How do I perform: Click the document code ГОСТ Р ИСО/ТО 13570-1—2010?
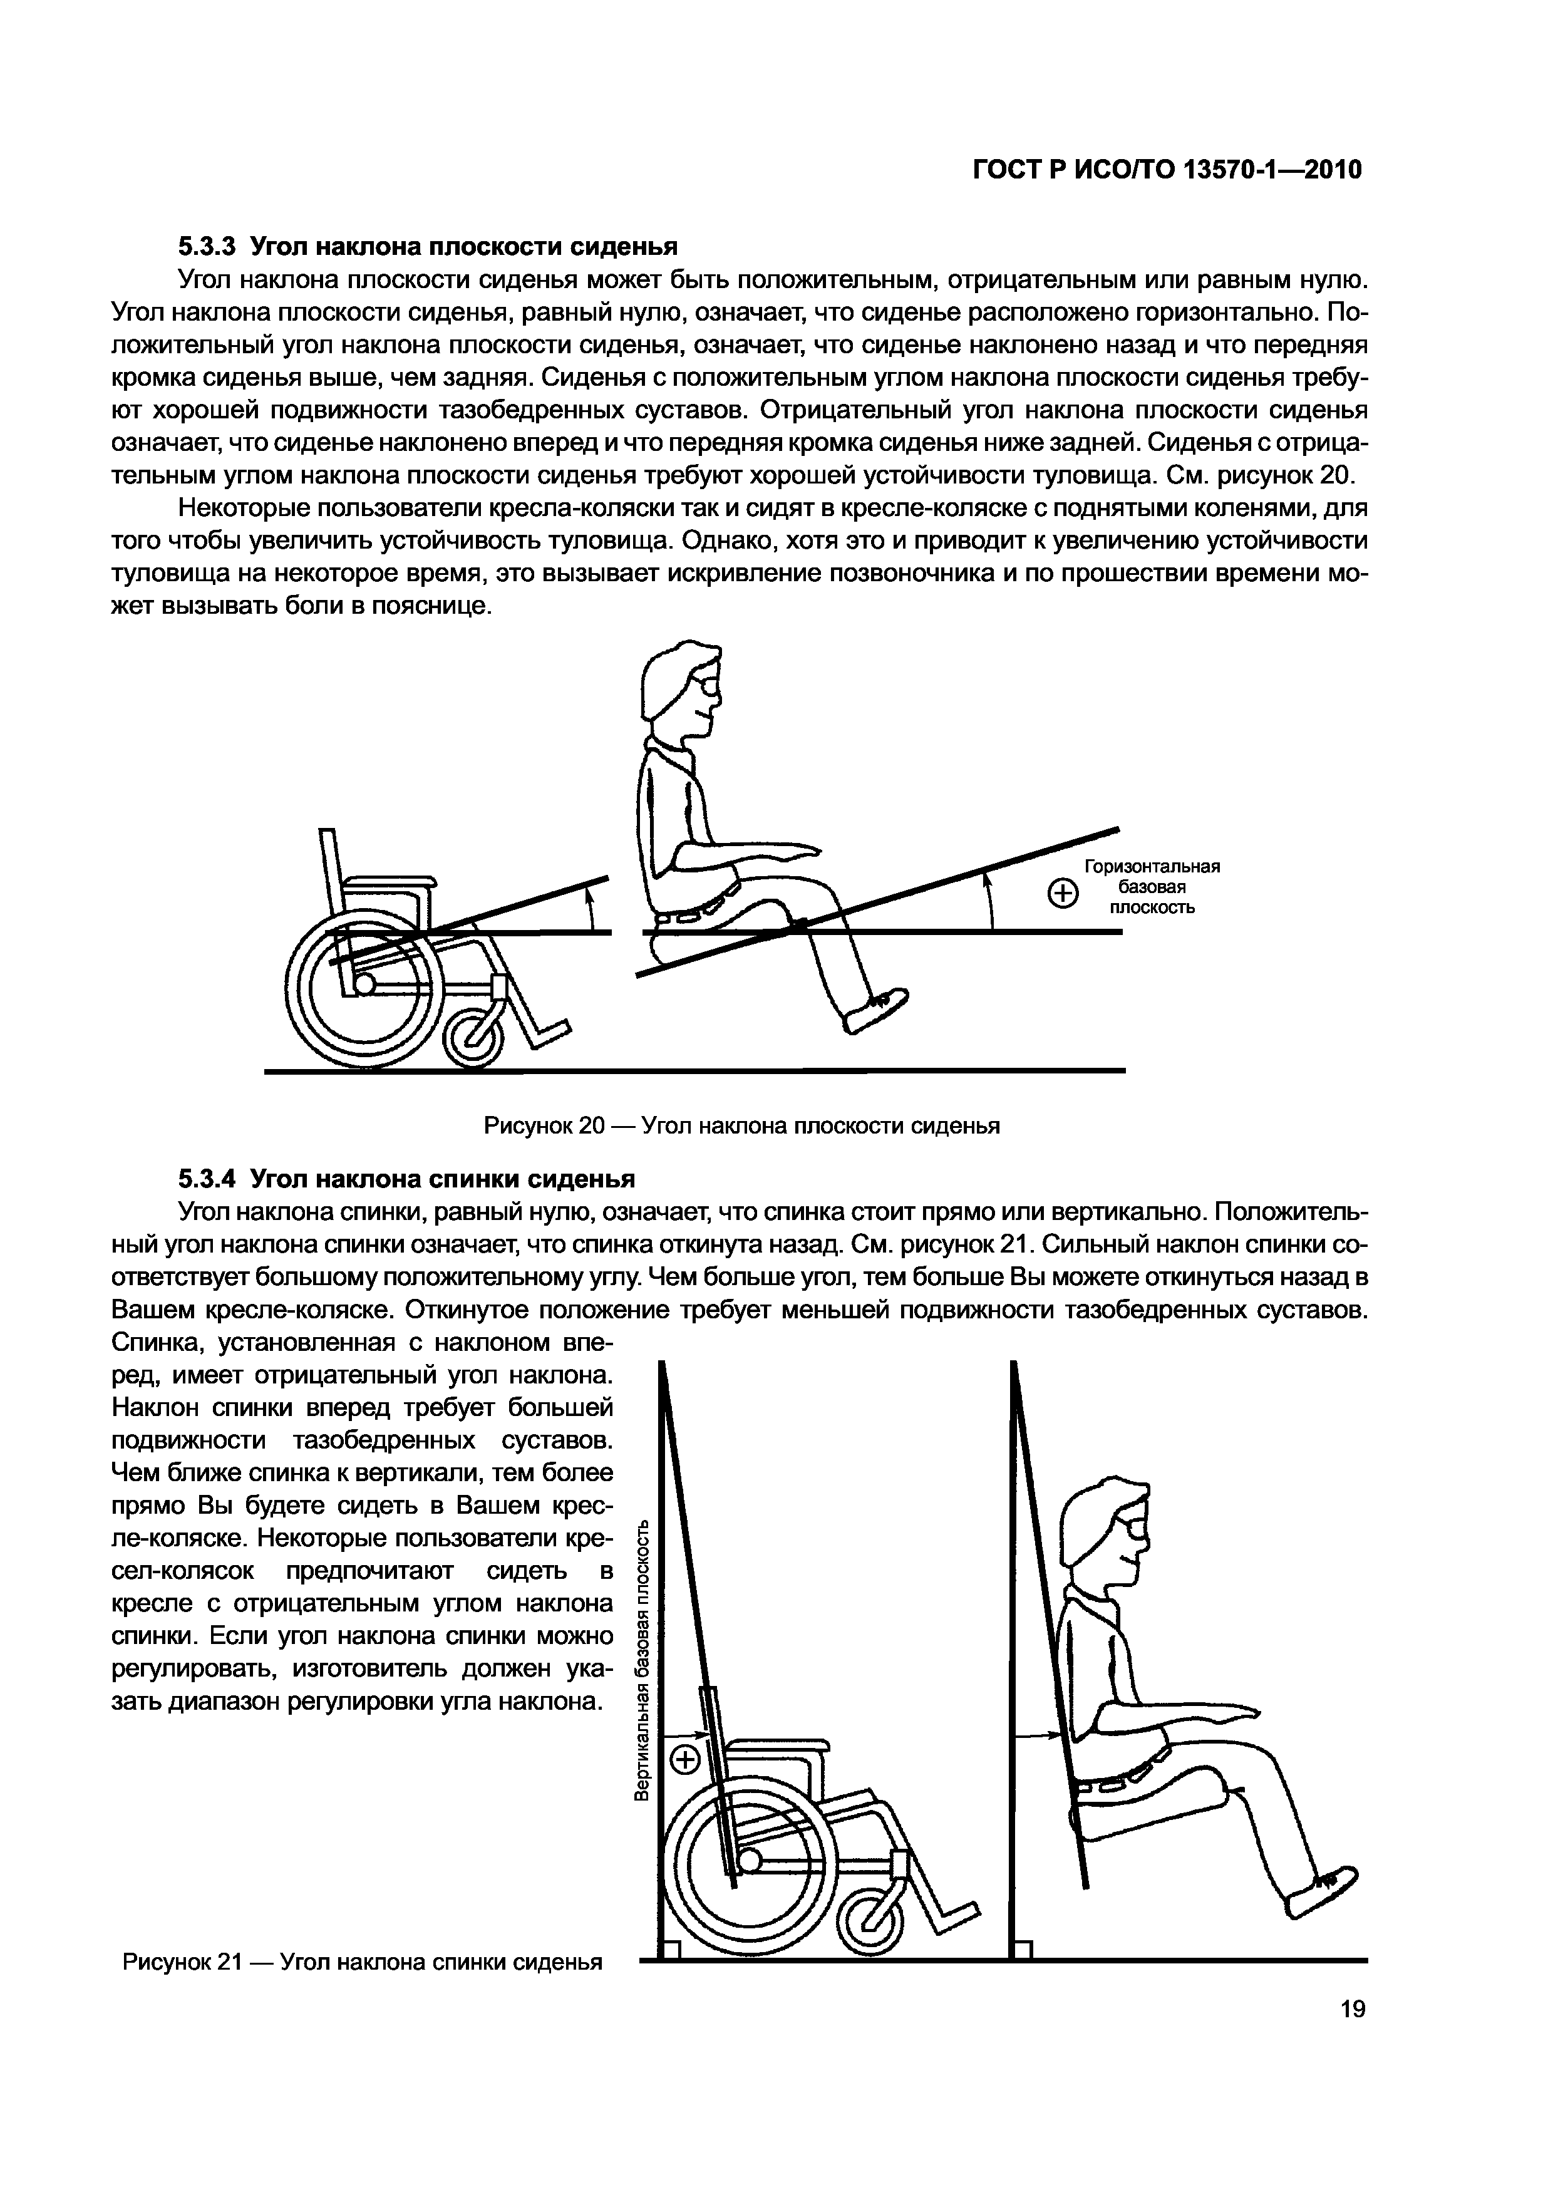(x=1167, y=170)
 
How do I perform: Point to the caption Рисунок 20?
(x=741, y=1126)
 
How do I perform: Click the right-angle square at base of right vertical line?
(x=1023, y=1949)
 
